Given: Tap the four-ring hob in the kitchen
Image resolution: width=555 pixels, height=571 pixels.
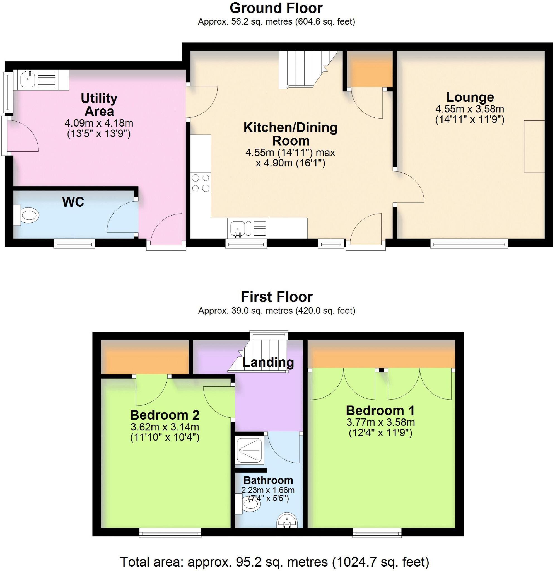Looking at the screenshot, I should coord(201,183).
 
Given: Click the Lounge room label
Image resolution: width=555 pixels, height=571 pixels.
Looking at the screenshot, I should coord(470,97).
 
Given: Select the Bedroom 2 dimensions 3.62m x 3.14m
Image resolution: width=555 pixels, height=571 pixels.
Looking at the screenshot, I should coord(165,427).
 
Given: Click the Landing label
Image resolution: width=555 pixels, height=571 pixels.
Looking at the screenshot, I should coord(268,362).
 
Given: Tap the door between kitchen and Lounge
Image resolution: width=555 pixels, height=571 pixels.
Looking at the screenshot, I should coord(408,187).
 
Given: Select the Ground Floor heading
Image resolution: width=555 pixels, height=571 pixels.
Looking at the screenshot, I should coord(276,8).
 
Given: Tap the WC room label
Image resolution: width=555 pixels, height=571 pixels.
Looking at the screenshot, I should coord(73,202).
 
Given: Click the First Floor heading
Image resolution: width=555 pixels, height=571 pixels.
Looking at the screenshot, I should coord(277,297).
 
